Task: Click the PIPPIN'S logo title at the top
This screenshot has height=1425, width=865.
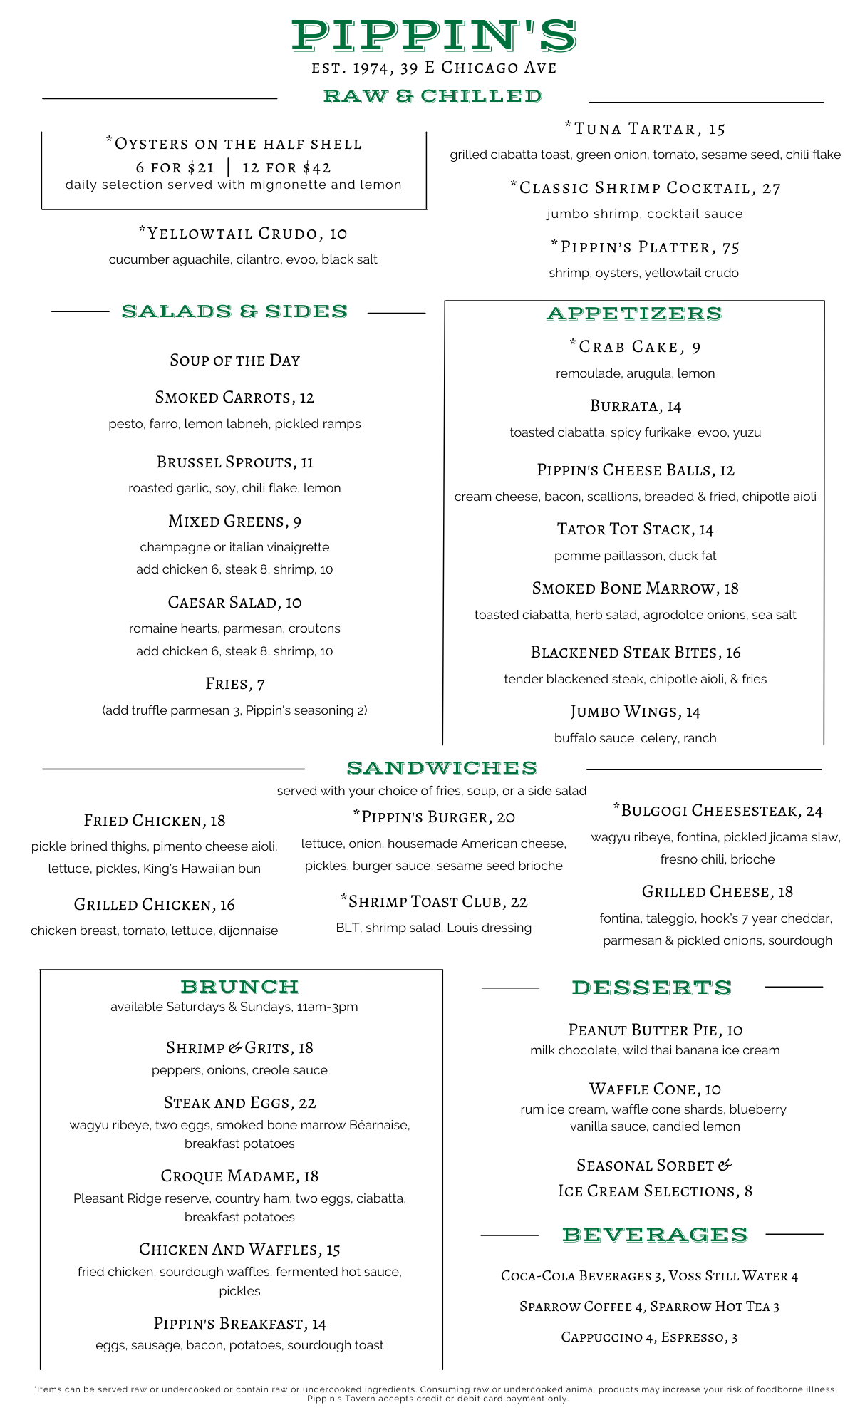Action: coord(433,36)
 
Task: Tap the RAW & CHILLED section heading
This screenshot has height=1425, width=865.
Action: coord(432,96)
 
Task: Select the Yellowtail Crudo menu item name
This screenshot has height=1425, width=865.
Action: coord(243,234)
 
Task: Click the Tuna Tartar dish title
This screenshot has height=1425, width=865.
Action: coord(645,129)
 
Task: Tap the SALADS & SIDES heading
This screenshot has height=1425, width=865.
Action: coord(234,311)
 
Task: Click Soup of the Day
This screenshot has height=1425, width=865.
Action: coord(234,361)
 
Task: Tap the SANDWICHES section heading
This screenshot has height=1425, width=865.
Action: coord(442,768)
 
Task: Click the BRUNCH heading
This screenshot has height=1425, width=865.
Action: coord(239,987)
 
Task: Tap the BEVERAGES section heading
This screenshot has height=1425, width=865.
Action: coord(655,1235)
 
